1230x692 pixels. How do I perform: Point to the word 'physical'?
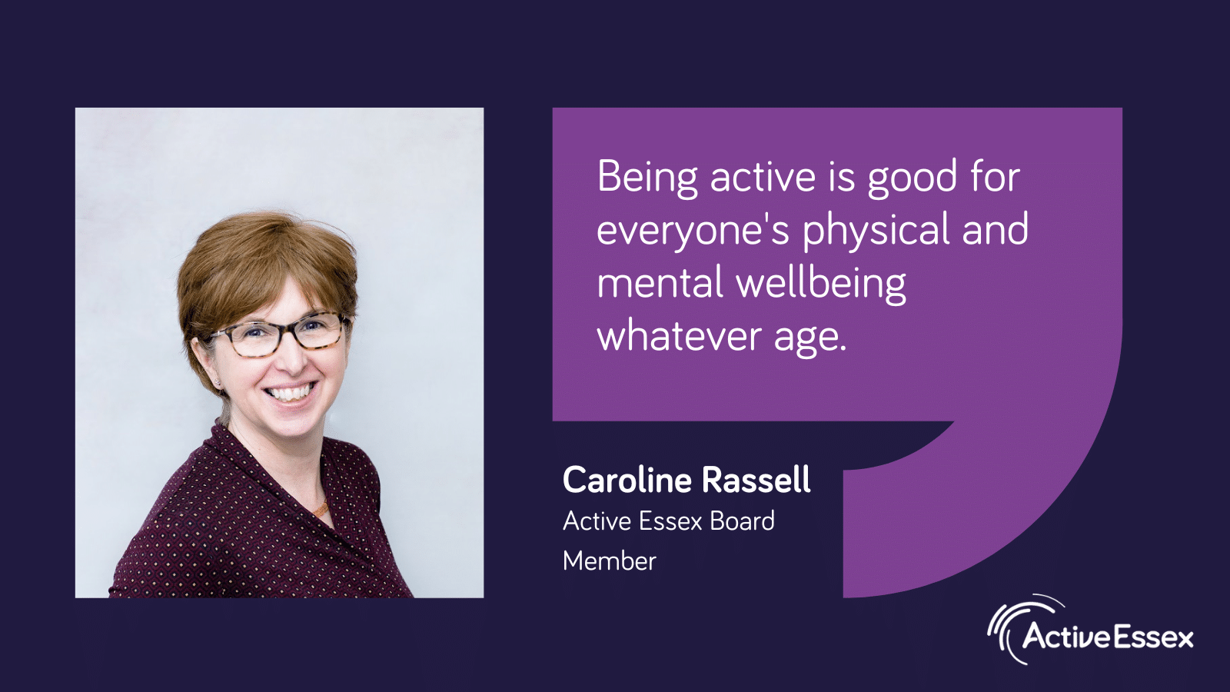(876, 231)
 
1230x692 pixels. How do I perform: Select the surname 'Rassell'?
(756, 480)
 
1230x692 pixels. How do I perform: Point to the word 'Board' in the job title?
(742, 521)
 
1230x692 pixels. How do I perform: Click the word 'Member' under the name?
(610, 561)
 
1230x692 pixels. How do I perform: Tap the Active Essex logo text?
(1107, 638)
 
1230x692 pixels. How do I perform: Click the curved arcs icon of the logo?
(1016, 630)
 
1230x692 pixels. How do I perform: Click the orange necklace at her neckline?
(321, 509)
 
